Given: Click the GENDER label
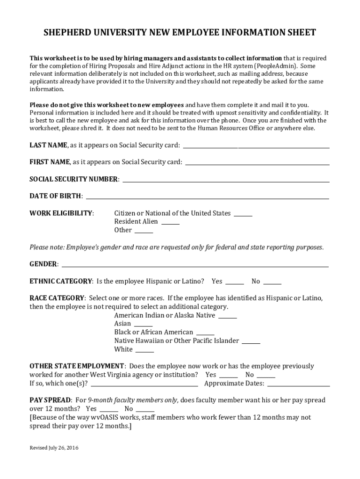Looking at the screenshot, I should click(x=43, y=264).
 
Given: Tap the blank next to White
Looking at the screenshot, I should click(x=144, y=351).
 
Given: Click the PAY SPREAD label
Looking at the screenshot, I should click(x=50, y=400).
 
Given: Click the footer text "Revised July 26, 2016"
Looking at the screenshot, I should click(x=54, y=448).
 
